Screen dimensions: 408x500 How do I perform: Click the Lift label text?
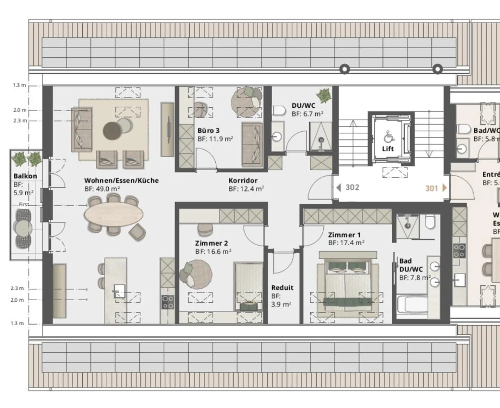click(388, 149)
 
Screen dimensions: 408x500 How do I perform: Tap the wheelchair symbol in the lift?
click(388, 136)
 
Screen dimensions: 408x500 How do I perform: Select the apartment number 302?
click(352, 187)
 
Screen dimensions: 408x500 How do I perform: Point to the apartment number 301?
click(432, 188)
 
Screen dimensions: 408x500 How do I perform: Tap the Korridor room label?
click(243, 180)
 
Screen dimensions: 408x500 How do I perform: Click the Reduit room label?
click(282, 288)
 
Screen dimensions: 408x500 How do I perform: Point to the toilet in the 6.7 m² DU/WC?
click(278, 110)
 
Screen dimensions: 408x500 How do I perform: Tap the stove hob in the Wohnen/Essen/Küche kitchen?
click(168, 302)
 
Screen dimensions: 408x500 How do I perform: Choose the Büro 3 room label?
click(208, 131)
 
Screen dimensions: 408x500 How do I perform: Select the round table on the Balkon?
click(23, 228)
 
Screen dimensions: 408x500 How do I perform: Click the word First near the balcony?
click(24, 204)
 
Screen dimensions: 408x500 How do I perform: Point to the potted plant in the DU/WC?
click(324, 96)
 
